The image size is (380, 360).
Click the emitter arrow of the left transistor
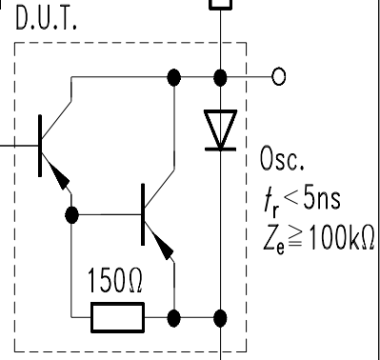click(x=61, y=176)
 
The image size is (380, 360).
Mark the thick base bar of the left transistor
click(x=40, y=145)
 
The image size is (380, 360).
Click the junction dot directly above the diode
click(x=222, y=76)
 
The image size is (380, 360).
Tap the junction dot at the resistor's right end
click(x=174, y=316)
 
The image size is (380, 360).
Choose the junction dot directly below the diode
click(x=222, y=316)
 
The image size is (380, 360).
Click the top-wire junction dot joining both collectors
click(x=174, y=76)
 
